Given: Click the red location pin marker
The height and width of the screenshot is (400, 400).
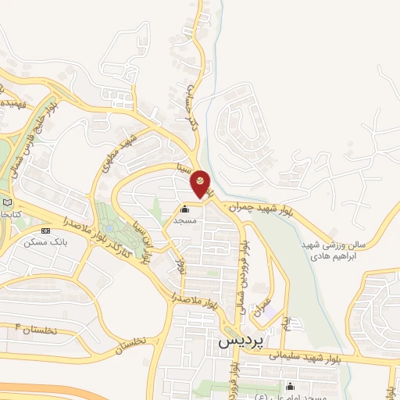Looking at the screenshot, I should pos(200,184).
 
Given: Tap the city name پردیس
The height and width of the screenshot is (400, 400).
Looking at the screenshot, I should pos(237,341).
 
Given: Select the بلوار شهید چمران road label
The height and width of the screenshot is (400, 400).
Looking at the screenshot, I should pos(260,210).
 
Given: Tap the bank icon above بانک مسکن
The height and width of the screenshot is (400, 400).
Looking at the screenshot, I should pos(45,230).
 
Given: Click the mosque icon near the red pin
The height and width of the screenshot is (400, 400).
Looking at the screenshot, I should pos(185,209).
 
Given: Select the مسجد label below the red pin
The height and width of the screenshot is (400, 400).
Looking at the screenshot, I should pos(185,221).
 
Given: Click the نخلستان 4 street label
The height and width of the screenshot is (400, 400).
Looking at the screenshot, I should pos(36,329).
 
